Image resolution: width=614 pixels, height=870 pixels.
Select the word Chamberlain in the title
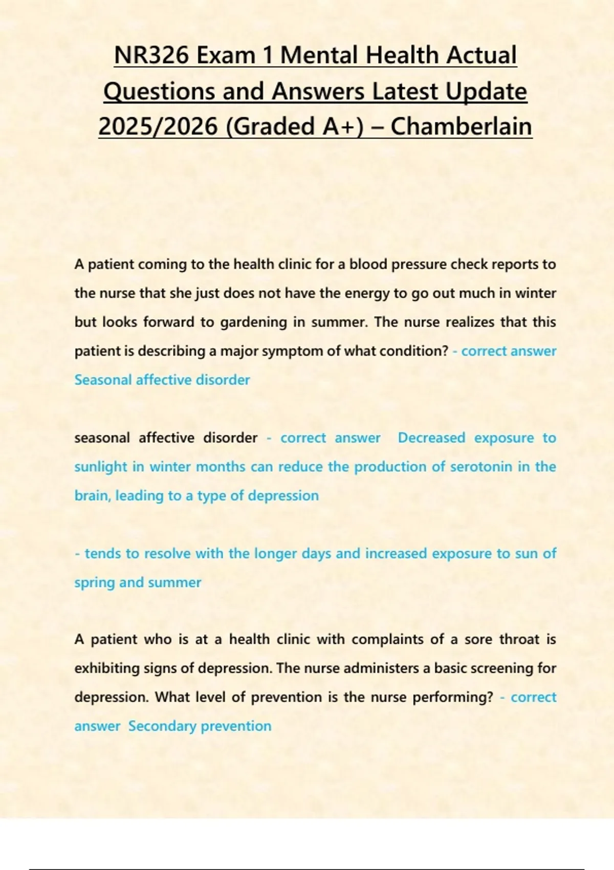[461, 126]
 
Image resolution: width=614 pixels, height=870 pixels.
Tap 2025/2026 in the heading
[158, 126]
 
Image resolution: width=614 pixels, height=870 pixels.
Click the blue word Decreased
[431, 438]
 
